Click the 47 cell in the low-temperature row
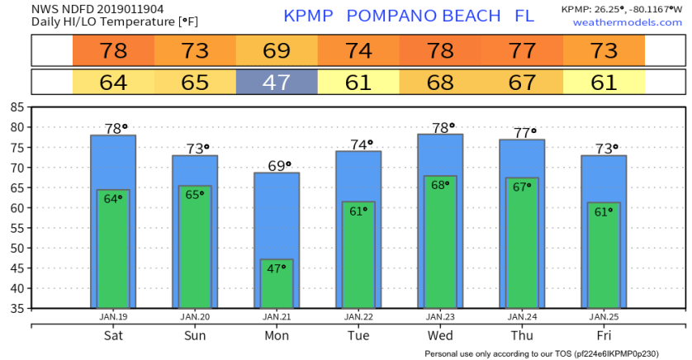click(x=277, y=83)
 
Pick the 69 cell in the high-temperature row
click(x=277, y=51)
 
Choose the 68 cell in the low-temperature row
click(x=440, y=83)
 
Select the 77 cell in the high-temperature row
click(x=522, y=51)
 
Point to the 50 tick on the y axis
click(x=17, y=248)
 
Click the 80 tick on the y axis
click(x=17, y=127)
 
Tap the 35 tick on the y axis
click(x=17, y=309)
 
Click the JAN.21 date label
click(x=277, y=316)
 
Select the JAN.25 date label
click(x=604, y=316)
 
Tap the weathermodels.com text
click(x=628, y=22)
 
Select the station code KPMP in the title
click(x=310, y=16)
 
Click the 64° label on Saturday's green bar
click(x=113, y=198)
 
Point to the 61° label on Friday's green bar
click(x=604, y=211)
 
